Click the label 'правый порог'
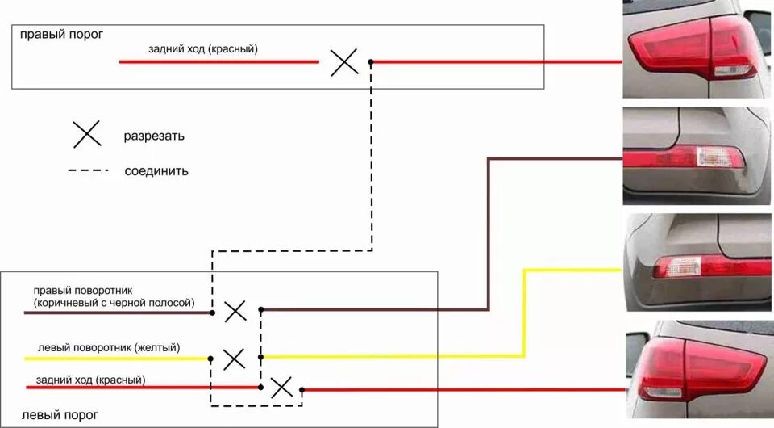coord(62,35)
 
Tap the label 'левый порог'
coord(60,415)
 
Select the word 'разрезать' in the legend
coord(154,136)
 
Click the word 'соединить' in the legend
coord(156,171)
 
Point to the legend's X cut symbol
coord(87,134)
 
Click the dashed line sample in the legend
coord(89,170)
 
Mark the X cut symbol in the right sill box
coord(344,62)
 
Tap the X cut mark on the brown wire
coord(235,312)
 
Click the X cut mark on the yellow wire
coord(234,359)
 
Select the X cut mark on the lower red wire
coord(281,388)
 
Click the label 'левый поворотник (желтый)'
coord(109,348)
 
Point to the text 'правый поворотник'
coord(83,291)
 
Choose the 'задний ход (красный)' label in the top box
coord(203,49)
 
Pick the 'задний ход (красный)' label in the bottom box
coord(91,380)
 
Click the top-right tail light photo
coord(697,49)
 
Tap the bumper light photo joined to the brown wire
coord(697,156)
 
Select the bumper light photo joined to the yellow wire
coord(698,262)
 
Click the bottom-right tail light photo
coord(700,370)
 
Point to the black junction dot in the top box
coord(371,62)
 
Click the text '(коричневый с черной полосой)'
coord(114,303)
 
